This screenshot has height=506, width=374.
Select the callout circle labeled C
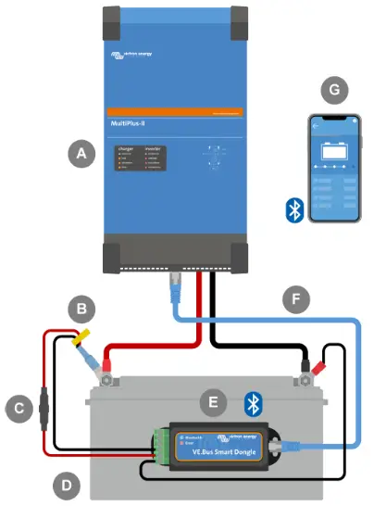click(x=16, y=406)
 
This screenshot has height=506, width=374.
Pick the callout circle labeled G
click(x=330, y=91)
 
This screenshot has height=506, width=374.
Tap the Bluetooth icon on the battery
click(x=250, y=403)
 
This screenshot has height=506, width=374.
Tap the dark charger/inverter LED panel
click(x=140, y=158)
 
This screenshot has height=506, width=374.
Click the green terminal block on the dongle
click(x=163, y=447)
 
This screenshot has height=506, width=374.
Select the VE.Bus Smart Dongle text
click(x=230, y=453)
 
